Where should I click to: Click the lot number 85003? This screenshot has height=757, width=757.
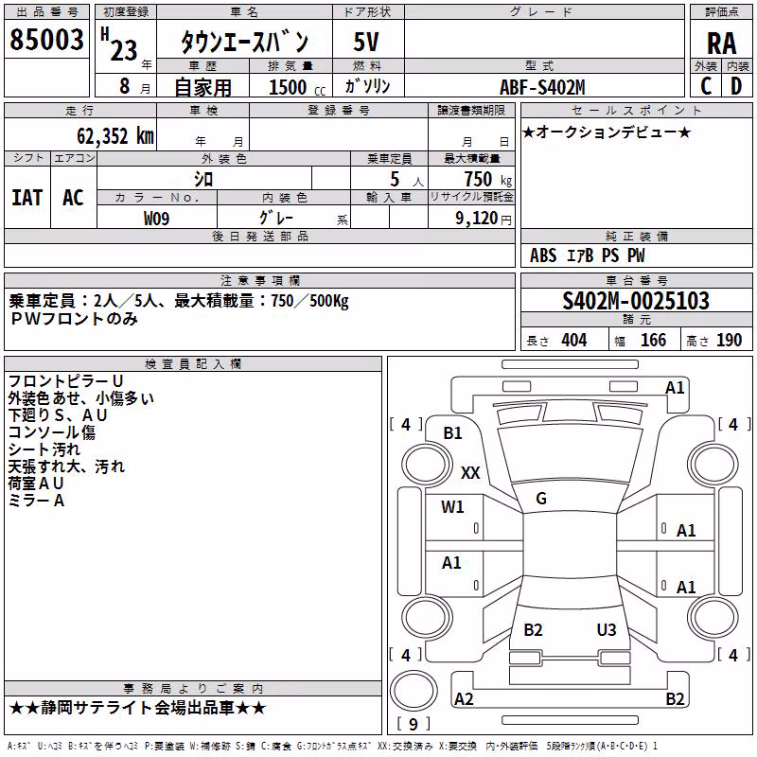point(46,40)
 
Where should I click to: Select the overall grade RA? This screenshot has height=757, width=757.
point(722,44)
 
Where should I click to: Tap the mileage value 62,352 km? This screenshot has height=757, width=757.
point(115,136)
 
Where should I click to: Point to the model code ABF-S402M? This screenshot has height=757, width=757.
point(542,87)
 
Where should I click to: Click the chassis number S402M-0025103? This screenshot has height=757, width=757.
point(636,301)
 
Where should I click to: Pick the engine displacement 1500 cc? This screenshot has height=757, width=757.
point(297,87)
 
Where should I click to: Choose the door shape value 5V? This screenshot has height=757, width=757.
point(366,42)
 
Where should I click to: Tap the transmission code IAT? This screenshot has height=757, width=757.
point(27,198)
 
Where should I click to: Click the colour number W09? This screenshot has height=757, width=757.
point(156,219)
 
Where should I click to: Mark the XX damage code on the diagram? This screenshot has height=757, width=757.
point(470,472)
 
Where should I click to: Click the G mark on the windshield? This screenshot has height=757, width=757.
point(541,499)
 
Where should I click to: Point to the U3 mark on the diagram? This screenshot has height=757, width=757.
point(607,630)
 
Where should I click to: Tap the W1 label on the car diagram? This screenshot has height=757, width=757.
point(452,507)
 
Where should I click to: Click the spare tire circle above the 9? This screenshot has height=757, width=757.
point(414,691)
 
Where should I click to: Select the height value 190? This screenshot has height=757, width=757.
point(729,341)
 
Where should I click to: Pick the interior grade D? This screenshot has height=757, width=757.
point(736,86)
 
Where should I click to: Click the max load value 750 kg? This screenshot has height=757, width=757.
point(487,179)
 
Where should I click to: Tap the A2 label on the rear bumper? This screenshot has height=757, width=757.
point(464,699)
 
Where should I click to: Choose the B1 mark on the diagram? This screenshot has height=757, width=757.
point(453,433)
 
